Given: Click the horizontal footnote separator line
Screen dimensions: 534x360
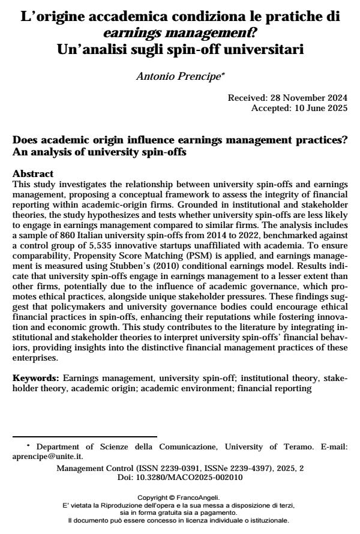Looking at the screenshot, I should tap(85, 436).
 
